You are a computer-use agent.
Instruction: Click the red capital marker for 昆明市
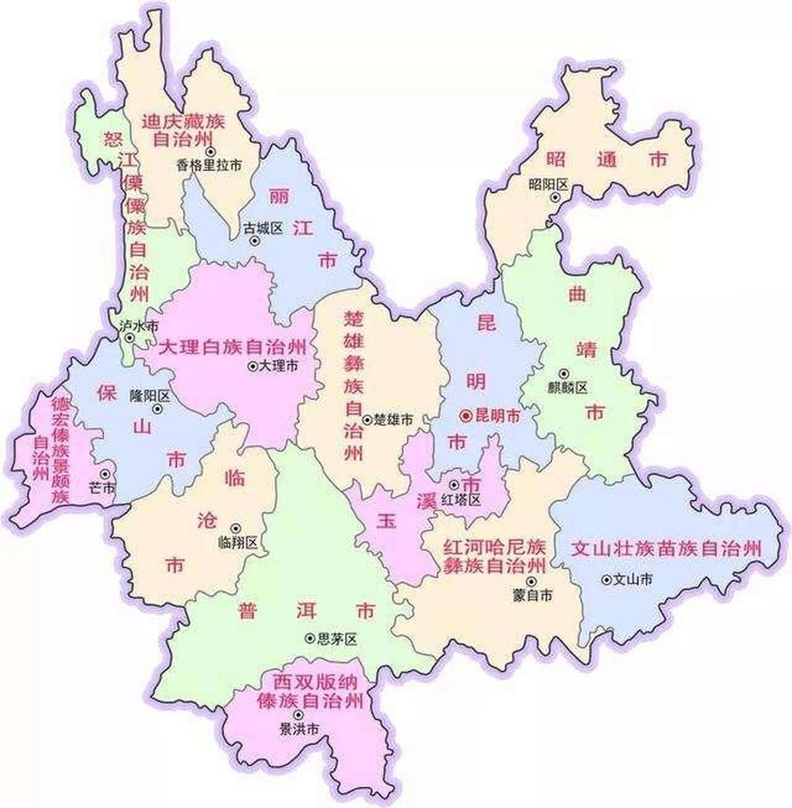466,415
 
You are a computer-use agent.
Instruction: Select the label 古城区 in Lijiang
263,228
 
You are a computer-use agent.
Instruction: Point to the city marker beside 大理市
252,365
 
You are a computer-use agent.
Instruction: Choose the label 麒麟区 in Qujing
568,387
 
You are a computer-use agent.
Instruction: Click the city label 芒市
102,488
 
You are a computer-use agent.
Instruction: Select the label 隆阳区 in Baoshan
150,396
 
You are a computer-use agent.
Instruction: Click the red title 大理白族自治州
233,347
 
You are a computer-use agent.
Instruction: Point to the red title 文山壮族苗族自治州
666,548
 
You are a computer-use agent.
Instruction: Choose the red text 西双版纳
316,682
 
